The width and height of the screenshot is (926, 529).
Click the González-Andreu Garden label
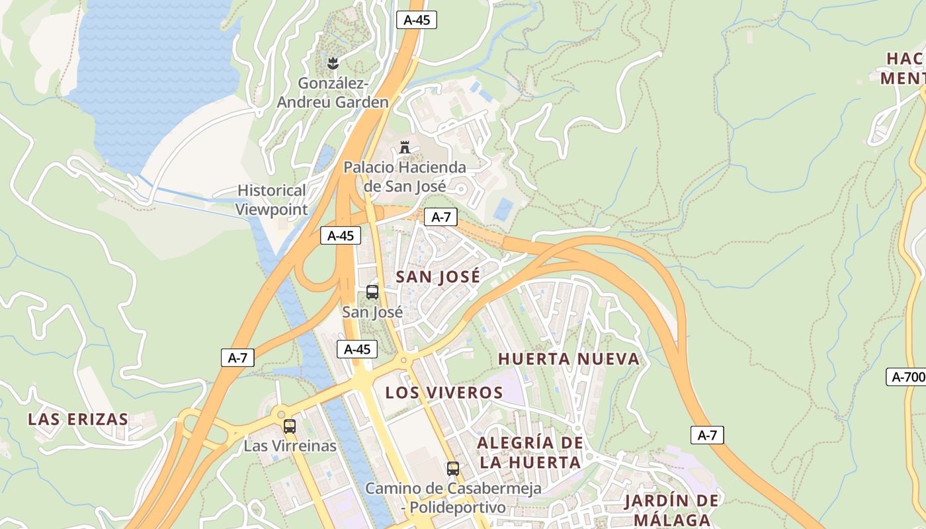click(x=333, y=93)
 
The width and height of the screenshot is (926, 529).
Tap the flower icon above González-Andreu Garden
click(x=333, y=63)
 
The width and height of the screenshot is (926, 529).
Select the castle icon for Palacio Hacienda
click(x=405, y=147)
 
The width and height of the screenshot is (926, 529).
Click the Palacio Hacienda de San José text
click(x=405, y=177)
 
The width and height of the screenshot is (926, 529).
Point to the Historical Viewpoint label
click(x=272, y=200)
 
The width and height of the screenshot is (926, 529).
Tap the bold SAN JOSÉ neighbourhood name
click(x=438, y=277)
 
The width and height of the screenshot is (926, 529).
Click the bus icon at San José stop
click(x=372, y=292)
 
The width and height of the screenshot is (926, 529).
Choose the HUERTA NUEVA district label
click(x=569, y=359)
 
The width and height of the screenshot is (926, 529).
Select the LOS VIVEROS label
click(x=444, y=393)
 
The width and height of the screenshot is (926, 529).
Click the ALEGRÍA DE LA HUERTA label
click(x=530, y=452)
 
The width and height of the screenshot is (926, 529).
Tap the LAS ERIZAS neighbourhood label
click(x=78, y=419)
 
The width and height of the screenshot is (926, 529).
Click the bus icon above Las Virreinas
click(x=289, y=427)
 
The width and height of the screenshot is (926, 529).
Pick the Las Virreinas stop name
click(x=290, y=446)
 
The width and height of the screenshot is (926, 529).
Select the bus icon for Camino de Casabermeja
click(x=453, y=469)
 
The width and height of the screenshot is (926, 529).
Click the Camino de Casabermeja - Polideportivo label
click(x=454, y=498)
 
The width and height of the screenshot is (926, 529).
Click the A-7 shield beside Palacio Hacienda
click(x=441, y=217)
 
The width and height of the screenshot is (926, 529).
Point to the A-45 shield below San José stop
click(x=357, y=349)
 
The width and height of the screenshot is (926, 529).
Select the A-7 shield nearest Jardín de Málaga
click(x=707, y=435)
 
